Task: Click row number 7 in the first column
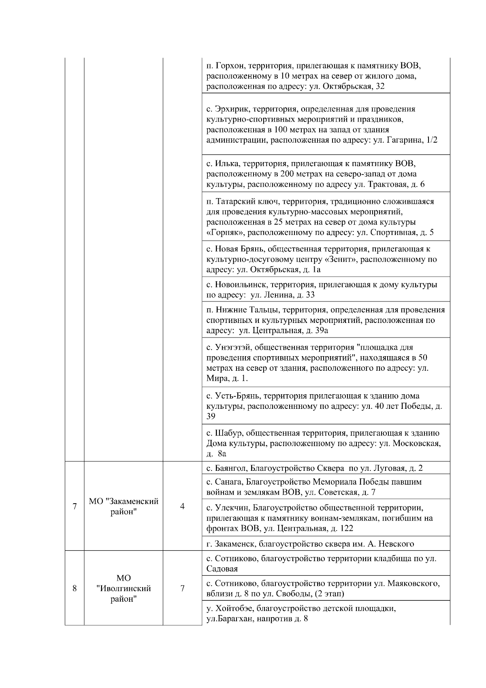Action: pos(75,506)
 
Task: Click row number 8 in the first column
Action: pos(75,588)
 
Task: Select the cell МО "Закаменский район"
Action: pos(124,506)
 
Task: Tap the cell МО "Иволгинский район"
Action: pos(124,588)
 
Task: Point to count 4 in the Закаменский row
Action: pos(182,506)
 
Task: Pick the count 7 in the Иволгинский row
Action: pos(182,588)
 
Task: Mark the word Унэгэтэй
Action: pos(231,348)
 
